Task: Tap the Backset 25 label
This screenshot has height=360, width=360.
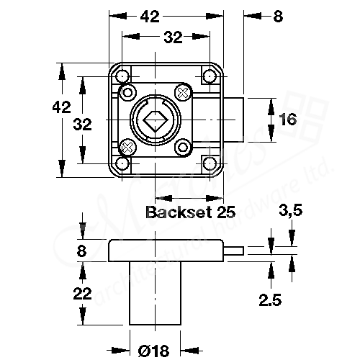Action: pyautogui.click(x=191, y=212)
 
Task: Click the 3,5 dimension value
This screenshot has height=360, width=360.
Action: pyautogui.click(x=290, y=211)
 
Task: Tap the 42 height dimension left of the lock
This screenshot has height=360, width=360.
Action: pyautogui.click(x=63, y=107)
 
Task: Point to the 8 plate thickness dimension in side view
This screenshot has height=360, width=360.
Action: pyautogui.click(x=81, y=251)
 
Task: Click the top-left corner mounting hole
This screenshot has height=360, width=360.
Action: pyautogui.click(x=123, y=76)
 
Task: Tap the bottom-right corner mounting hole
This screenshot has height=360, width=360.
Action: pyautogui.click(x=210, y=163)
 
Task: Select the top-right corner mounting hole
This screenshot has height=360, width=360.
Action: pyautogui.click(x=210, y=76)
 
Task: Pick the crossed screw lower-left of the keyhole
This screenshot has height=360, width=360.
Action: pyautogui.click(x=129, y=148)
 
